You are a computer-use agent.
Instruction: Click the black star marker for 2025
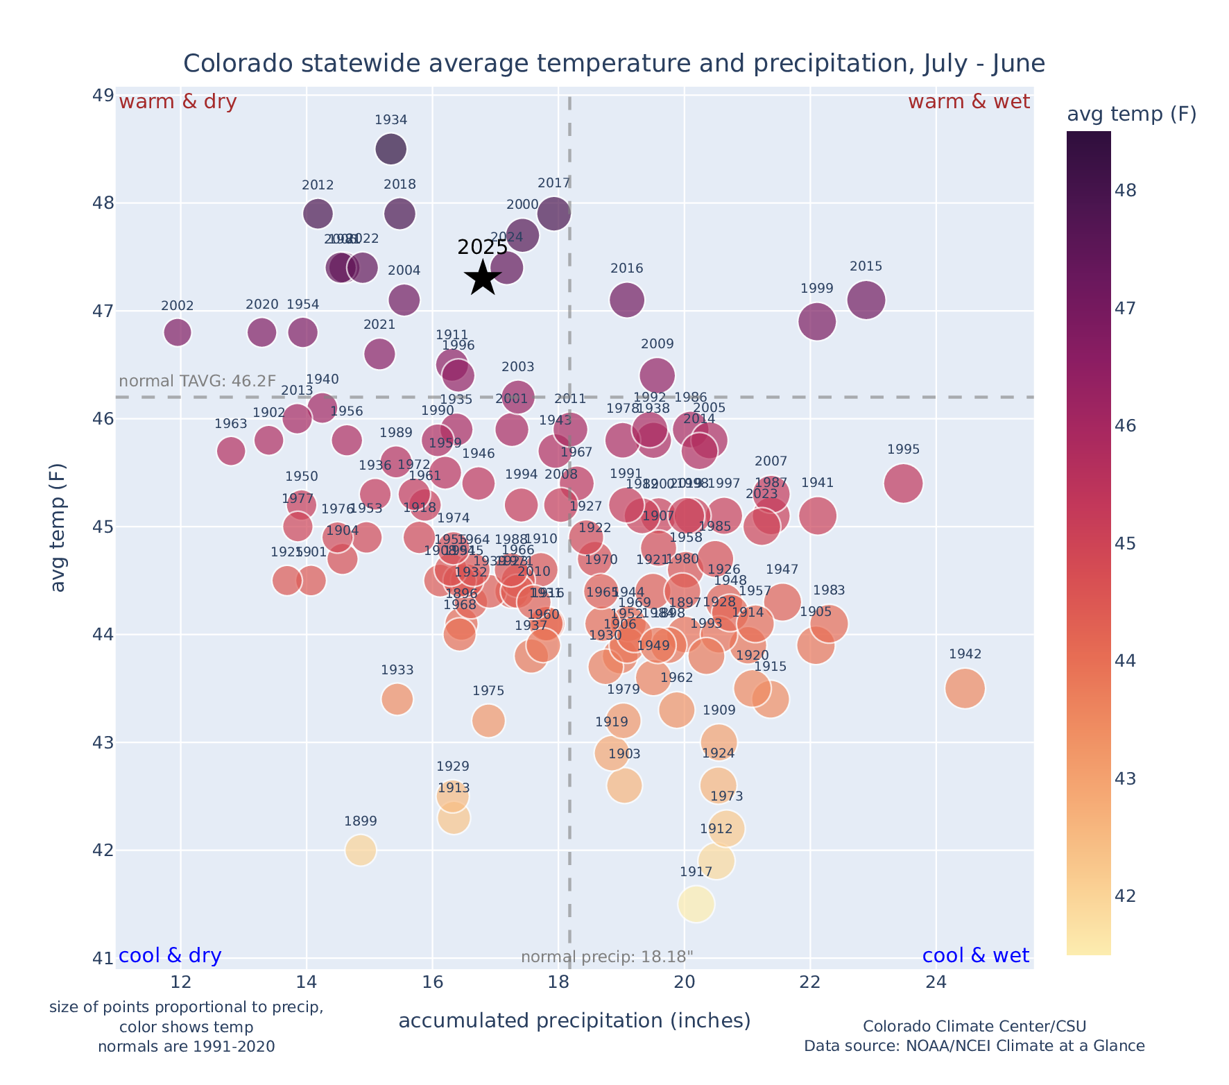pyautogui.click(x=483, y=278)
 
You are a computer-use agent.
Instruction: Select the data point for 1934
pyautogui.click(x=391, y=148)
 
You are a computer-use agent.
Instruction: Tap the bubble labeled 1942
pyautogui.click(x=965, y=688)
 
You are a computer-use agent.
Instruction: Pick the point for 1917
pyautogui.click(x=696, y=904)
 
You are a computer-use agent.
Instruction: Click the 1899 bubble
pyautogui.click(x=361, y=850)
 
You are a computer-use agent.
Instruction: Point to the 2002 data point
pyautogui.click(x=178, y=332)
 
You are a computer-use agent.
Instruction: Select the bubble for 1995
pyautogui.click(x=903, y=484)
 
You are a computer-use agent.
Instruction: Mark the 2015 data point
pyautogui.click(x=866, y=300)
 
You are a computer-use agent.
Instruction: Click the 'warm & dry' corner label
pyautogui.click(x=178, y=102)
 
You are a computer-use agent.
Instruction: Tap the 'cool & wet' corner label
pyautogui.click(x=975, y=956)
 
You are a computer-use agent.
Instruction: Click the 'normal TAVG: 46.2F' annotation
pyautogui.click(x=198, y=382)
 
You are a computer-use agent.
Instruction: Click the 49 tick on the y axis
pyautogui.click(x=103, y=95)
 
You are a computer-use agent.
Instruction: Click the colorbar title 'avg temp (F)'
pyautogui.click(x=1131, y=114)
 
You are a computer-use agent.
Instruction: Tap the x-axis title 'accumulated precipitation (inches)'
pyautogui.click(x=574, y=1020)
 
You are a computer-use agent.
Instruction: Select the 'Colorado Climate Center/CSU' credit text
pyautogui.click(x=974, y=1026)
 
